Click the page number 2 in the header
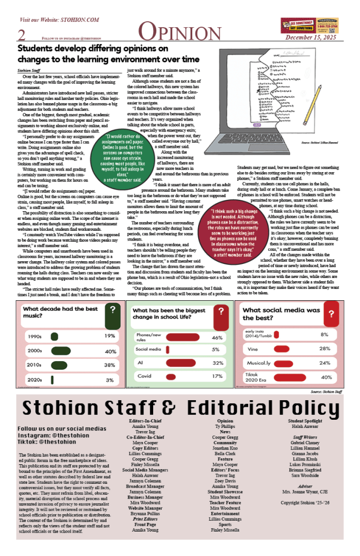click(22, 35)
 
